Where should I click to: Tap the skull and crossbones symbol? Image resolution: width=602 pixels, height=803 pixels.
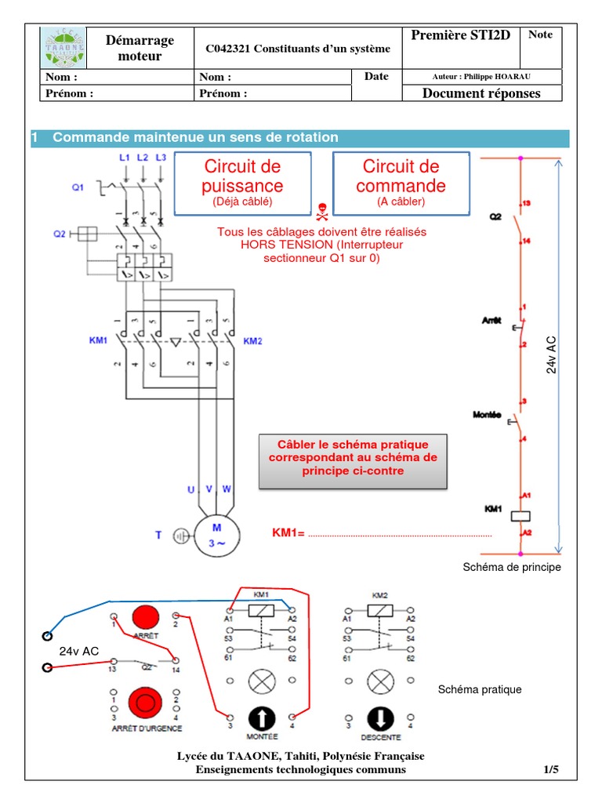321,211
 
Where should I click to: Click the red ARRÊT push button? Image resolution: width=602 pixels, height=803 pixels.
145,619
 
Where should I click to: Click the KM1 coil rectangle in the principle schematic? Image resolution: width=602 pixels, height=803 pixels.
521,515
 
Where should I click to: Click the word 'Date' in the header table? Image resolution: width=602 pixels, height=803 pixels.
375,77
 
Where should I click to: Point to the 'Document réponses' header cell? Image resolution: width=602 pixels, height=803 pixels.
481,93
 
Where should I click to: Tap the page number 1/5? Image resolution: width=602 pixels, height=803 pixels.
551,770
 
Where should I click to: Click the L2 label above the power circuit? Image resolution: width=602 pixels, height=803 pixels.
143,158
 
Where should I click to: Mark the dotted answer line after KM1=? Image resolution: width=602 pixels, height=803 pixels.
400,535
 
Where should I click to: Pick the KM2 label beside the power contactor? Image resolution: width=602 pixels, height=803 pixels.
252,341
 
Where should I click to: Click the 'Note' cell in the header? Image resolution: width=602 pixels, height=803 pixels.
540,35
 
